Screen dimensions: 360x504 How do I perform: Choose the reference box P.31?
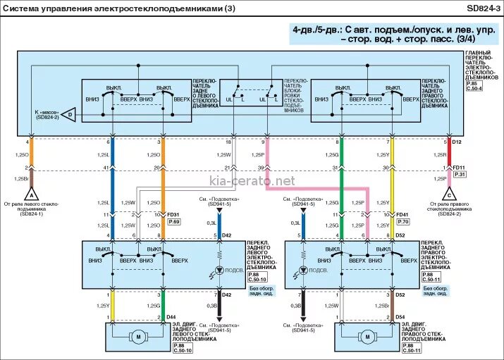[460, 174]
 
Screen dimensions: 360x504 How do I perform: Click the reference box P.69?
[173, 222]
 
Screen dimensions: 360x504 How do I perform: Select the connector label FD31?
[173, 214]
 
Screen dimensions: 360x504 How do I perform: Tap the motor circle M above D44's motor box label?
[138, 337]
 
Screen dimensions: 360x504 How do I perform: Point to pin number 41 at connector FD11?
[105, 167]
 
